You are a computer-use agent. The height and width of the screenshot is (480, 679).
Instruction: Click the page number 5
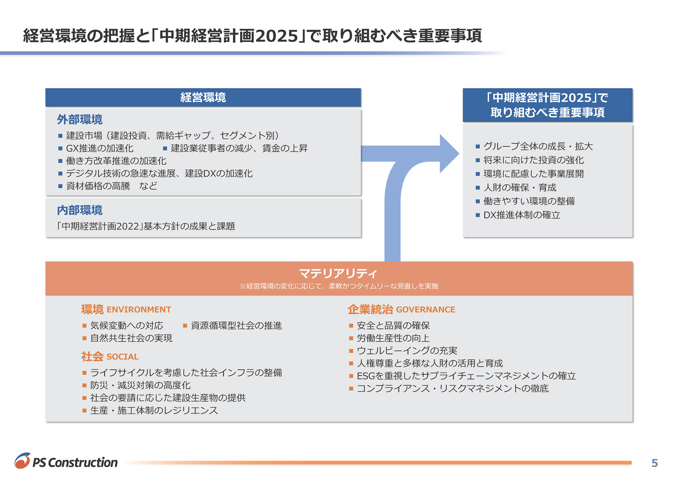tap(655, 463)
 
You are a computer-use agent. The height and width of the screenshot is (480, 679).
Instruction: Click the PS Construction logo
tap(66, 461)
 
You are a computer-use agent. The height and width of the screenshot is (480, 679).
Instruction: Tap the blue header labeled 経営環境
tap(203, 98)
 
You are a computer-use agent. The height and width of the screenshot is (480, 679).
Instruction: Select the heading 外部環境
tap(80, 120)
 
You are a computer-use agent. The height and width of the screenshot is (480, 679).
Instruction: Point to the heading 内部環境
tap(80, 210)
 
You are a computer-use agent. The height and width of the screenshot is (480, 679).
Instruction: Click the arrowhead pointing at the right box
tap(450, 154)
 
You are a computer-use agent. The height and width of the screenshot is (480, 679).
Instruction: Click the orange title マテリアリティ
tap(338, 273)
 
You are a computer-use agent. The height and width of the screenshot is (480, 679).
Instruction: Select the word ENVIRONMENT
tap(139, 309)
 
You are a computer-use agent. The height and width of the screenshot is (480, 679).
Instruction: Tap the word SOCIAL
tap(123, 357)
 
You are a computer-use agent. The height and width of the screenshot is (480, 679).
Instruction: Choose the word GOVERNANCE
tap(426, 309)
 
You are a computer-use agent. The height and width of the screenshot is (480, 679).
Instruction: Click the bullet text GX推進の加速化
tap(100, 148)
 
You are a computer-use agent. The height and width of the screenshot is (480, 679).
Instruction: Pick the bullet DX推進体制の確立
tap(522, 215)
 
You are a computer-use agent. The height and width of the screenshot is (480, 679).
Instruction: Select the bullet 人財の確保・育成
tap(520, 187)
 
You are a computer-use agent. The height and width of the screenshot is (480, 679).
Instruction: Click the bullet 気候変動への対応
tap(127, 325)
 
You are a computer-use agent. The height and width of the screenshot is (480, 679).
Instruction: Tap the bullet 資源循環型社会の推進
tap(236, 325)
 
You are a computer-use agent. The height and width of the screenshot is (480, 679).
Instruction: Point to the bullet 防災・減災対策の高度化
tap(140, 385)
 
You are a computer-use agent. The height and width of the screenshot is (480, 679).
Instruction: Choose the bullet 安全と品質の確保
tap(393, 325)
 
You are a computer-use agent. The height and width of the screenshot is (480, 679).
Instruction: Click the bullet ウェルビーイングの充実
tap(407, 350)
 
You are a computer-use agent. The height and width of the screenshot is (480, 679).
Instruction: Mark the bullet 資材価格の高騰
tap(98, 186)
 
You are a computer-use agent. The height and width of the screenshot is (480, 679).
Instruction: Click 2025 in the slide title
tap(277, 36)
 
